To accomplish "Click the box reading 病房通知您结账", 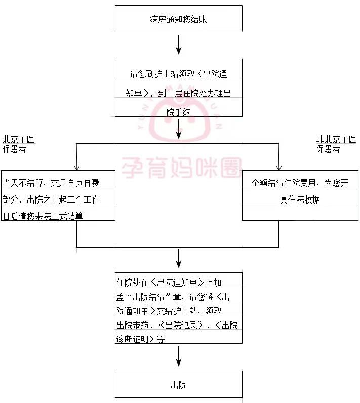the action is pyautogui.click(x=179, y=19).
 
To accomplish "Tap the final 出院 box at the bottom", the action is pyautogui.click(x=179, y=384).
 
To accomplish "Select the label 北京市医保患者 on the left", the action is pyautogui.click(x=19, y=144).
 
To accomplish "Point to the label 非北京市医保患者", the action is pyautogui.click(x=336, y=144).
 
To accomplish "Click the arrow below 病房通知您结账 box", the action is pyautogui.click(x=179, y=45).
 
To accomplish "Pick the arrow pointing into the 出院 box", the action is pyautogui.click(x=179, y=356).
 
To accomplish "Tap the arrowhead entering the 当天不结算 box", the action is pyautogui.click(x=76, y=168).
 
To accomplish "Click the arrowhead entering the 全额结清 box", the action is pyautogui.click(x=279, y=168).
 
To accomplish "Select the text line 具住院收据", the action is pyautogui.click(x=300, y=199).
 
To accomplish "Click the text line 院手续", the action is pyautogui.click(x=179, y=112).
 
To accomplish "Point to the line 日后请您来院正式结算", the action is pyautogui.click(x=43, y=216).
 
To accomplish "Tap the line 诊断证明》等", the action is pyautogui.click(x=141, y=339).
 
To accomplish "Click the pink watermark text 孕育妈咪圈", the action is pyautogui.click(x=182, y=168).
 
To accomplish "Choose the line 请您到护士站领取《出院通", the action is pyautogui.click(x=179, y=74).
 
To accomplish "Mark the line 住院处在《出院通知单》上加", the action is pyautogui.click(x=169, y=283).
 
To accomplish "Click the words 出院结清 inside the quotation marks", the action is pyautogui.click(x=148, y=297).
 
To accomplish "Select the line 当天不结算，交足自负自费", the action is pyautogui.click(x=51, y=183).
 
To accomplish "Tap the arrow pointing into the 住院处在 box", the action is pyautogui.click(x=179, y=258).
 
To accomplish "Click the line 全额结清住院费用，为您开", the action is pyautogui.click(x=300, y=183).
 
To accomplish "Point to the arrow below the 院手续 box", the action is pyautogui.click(x=179, y=129).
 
